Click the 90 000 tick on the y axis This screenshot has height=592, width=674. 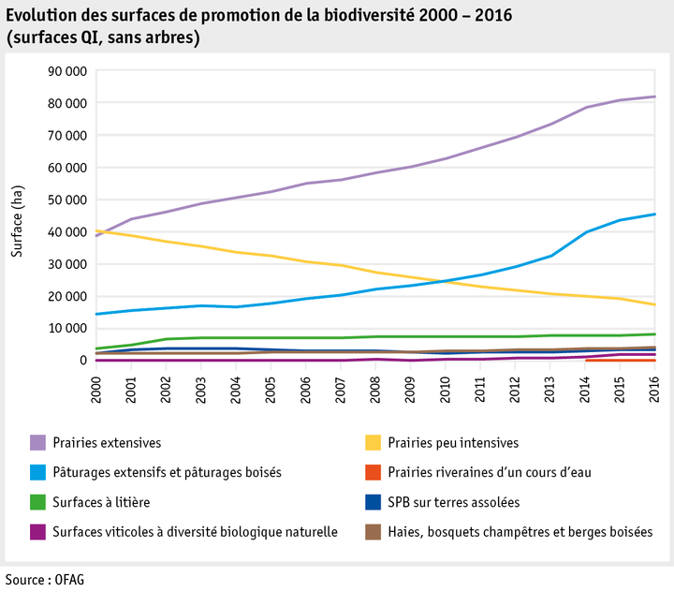66,71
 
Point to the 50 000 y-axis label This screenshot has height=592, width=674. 66,200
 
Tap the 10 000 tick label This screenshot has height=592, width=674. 66,328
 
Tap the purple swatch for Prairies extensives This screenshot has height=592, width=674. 38,442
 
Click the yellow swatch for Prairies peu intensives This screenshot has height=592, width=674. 371,442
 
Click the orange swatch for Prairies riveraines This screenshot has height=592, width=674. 371,472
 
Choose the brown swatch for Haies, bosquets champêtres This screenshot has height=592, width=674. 371,532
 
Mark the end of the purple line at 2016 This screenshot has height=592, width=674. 654,96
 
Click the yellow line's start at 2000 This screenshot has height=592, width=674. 96,230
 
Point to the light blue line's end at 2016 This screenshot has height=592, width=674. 654,215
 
